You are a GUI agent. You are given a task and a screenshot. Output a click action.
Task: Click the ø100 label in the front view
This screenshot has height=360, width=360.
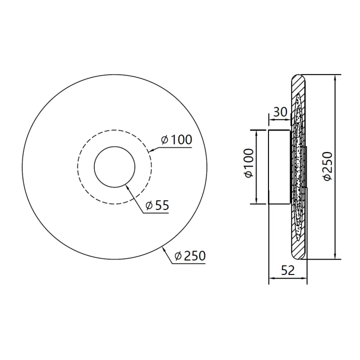[x=176, y=139]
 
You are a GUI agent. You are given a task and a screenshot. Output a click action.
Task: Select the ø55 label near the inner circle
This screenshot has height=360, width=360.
[x=157, y=205]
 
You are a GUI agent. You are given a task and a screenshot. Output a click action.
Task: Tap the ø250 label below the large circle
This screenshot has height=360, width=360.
[x=190, y=256]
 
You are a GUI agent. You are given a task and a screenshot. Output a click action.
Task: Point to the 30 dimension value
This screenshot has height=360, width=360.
[x=280, y=112]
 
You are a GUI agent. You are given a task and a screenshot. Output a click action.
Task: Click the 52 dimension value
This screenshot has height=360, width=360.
[x=287, y=270]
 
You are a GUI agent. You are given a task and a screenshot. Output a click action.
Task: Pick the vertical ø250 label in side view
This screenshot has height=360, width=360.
[x=327, y=166]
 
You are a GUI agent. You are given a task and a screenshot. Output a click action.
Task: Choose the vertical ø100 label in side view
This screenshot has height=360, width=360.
[x=249, y=163]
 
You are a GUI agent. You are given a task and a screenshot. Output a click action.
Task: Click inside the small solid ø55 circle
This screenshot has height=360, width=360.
[x=114, y=167]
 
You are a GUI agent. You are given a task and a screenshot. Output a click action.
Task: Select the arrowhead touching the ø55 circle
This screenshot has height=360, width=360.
[x=127, y=186]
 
